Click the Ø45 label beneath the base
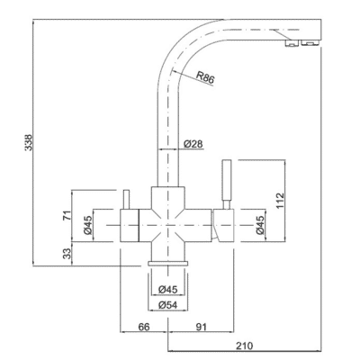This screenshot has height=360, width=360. coord(166,289)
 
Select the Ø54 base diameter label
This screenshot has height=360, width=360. coord(166,306)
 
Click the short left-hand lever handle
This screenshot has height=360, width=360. coord(126,198)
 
